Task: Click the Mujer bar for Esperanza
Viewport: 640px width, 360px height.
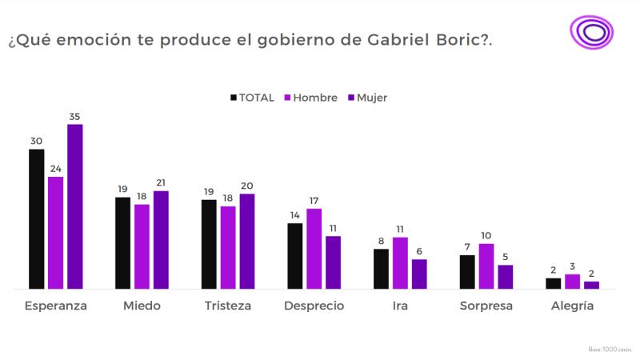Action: [x=74, y=206]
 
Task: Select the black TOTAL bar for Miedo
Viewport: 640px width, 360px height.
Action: [x=122, y=242]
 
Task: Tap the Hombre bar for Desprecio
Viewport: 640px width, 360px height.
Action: [x=314, y=248]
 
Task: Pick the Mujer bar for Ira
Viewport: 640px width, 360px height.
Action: [x=419, y=274]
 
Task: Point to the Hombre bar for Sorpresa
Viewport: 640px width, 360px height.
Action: [x=486, y=266]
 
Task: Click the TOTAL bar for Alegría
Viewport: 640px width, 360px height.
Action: [x=553, y=283]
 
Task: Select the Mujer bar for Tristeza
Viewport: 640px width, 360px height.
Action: [x=247, y=241]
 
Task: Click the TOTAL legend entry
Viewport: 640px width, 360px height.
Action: [x=252, y=98]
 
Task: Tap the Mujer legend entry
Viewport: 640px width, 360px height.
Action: [x=367, y=98]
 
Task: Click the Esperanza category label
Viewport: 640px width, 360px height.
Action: [x=56, y=306]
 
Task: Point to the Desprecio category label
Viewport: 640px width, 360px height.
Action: [x=314, y=306]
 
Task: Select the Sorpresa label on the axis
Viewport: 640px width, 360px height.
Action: [x=486, y=306]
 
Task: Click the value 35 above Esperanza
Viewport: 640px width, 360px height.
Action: [x=74, y=117]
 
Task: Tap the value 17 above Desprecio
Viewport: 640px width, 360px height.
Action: [x=314, y=201]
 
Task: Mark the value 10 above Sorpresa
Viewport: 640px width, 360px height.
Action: [x=486, y=236]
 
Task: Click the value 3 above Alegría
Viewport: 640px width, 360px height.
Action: [x=572, y=266]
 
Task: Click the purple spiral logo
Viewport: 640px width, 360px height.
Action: [x=591, y=33]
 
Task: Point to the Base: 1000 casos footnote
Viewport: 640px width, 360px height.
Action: [x=610, y=350]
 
